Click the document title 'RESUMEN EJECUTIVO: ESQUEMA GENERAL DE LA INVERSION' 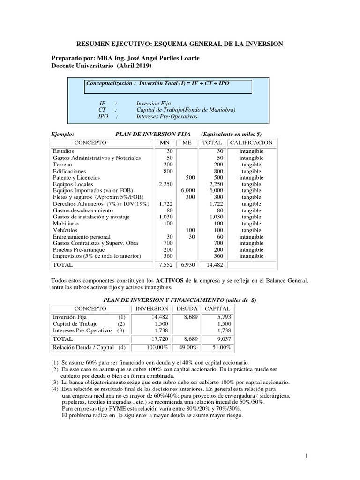(180, 44)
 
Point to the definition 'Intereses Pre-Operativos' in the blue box (166, 116)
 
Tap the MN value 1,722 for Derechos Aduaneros (166, 204)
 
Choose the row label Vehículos (65, 230)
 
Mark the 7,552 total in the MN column (166, 265)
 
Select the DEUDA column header (187, 308)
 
